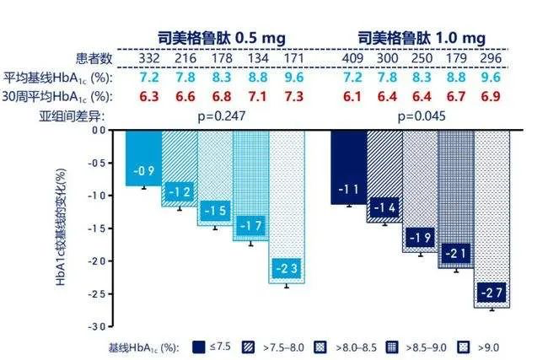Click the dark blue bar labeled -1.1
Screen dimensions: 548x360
(349, 167)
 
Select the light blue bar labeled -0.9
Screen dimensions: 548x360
(144, 158)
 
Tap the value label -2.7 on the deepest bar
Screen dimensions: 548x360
(492, 293)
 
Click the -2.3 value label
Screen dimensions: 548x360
(287, 268)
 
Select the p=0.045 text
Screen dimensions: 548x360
(422, 116)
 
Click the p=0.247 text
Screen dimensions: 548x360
(222, 116)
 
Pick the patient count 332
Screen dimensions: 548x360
(149, 58)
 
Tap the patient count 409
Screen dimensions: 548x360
(352, 58)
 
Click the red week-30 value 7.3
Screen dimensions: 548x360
(294, 96)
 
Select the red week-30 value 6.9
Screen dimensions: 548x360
(491, 96)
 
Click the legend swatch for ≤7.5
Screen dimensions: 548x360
(198, 347)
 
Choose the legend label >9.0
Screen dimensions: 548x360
(488, 347)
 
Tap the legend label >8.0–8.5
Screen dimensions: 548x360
(356, 347)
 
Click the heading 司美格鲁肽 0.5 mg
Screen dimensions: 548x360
(222, 38)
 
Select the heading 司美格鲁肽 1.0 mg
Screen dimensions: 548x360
(422, 38)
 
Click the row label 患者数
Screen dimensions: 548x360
(94, 58)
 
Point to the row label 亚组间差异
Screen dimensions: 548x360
(72, 116)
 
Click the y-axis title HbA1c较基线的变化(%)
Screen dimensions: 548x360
(61, 227)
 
